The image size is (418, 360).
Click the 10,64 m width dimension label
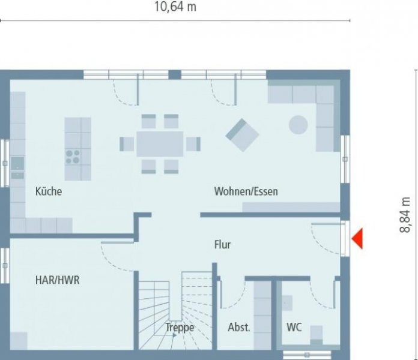175,7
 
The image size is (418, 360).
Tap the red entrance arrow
357,239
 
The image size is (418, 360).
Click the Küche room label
49,192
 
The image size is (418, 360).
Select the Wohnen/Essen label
246,192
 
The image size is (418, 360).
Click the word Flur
222,245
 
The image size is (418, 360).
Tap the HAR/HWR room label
57,280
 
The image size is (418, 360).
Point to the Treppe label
180,328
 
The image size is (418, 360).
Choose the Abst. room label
239,328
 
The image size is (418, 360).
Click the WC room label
294,328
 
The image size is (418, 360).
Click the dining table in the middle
160,144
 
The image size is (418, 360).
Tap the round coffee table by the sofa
298,125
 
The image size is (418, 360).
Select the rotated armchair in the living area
242,134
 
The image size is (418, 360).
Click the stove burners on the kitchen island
73,157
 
